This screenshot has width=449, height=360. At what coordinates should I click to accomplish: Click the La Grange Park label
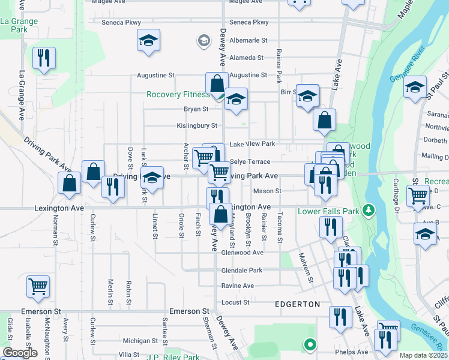tap(19, 25)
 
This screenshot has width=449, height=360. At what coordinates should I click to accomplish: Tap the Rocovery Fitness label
tap(178, 95)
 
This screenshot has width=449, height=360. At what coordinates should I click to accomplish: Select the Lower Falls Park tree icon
tap(369, 211)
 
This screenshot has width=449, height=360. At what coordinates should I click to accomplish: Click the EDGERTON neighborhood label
tap(297, 304)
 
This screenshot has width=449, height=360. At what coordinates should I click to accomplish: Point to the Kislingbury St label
tap(196, 126)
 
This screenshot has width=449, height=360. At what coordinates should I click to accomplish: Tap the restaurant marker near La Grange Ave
tap(44, 59)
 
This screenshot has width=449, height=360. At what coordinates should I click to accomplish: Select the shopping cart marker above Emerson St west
tap(38, 287)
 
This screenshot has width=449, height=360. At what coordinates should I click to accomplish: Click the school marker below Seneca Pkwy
tap(148, 41)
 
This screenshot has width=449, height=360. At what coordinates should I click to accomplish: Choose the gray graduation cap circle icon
tap(203, 41)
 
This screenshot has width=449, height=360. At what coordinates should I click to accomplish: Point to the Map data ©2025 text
tap(424, 355)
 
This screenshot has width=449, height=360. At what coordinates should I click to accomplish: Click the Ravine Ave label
tap(238, 286)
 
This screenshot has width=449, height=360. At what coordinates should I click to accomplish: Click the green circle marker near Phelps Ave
tap(310, 344)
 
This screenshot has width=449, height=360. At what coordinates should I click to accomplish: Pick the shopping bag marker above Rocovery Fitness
tap(217, 83)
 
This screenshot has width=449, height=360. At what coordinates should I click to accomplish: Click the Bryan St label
tap(196, 109)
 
